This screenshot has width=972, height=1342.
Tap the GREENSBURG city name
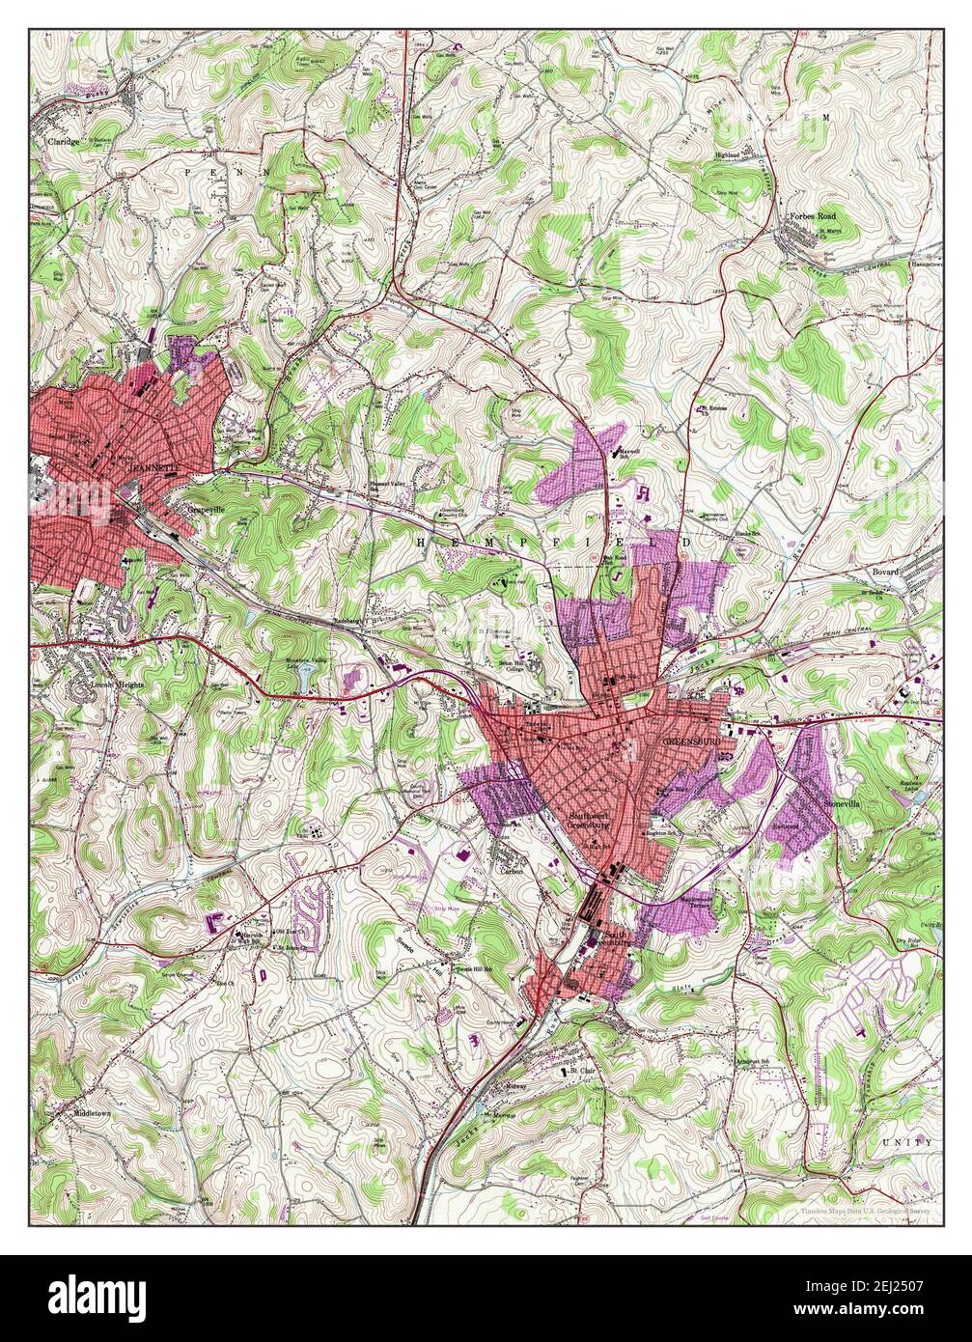pos(691,741)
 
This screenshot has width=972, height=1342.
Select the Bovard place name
pos(885,572)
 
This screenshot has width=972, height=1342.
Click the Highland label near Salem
pos(726,154)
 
